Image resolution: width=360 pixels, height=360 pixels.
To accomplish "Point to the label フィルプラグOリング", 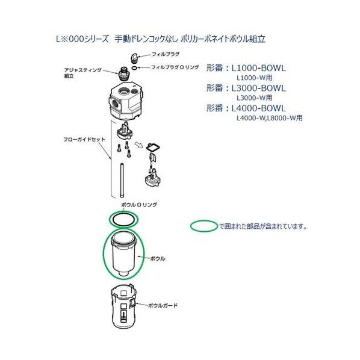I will click(x=176, y=67).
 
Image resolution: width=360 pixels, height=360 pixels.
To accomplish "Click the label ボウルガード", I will click(x=163, y=306).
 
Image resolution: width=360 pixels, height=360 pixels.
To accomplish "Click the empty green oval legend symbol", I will click(x=203, y=226).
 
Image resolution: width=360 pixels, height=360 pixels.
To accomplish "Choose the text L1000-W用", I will click(x=254, y=78).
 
